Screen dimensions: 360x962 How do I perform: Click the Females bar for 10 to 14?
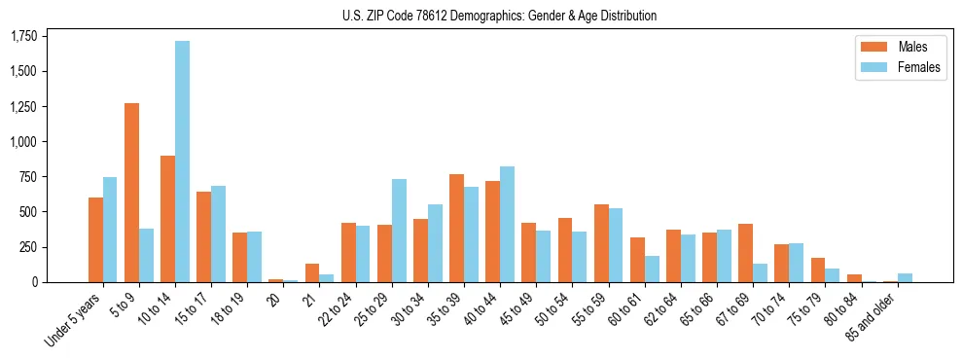point(182,162)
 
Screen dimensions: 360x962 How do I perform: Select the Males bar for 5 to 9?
point(131,193)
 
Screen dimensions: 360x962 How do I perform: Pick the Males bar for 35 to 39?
point(456,228)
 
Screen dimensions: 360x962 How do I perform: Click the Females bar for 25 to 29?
point(399,231)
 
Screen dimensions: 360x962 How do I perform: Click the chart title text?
point(499,16)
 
